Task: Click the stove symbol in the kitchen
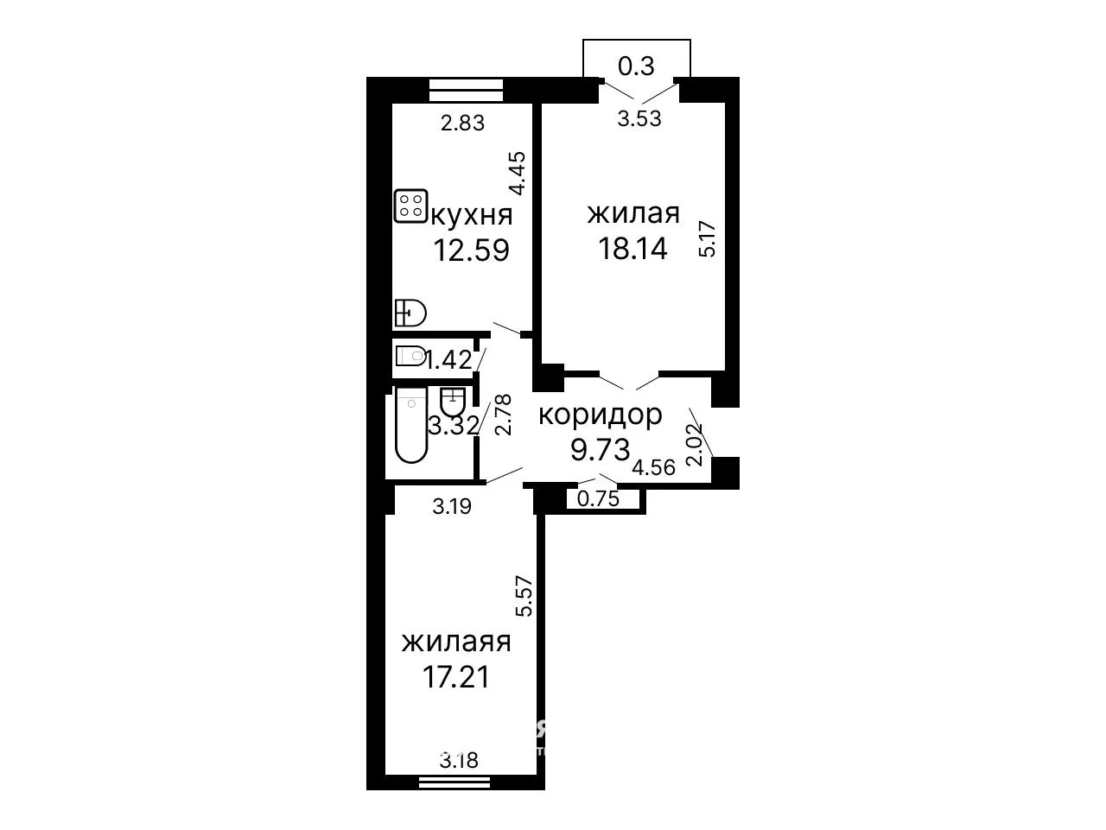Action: [x=410, y=206]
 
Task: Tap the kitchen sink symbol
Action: [x=410, y=313]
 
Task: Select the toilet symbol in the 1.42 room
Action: [x=410, y=356]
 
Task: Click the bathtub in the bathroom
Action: [x=411, y=425]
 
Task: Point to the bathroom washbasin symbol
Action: [x=453, y=402]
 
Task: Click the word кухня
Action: [x=472, y=216]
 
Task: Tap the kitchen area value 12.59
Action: [x=472, y=250]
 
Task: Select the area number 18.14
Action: [x=632, y=248]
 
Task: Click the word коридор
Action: [x=601, y=415]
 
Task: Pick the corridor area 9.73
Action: [x=601, y=449]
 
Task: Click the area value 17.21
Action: [x=456, y=676]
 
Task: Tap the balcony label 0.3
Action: [x=636, y=66]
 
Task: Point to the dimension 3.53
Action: [x=639, y=119]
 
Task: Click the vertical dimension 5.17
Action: [x=708, y=239]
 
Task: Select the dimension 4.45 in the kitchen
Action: [x=518, y=174]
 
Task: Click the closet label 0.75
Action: [x=598, y=498]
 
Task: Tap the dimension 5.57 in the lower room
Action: [x=524, y=596]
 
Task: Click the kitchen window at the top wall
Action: [x=466, y=91]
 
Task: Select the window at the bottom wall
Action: [x=454, y=795]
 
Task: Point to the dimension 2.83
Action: [x=462, y=123]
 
